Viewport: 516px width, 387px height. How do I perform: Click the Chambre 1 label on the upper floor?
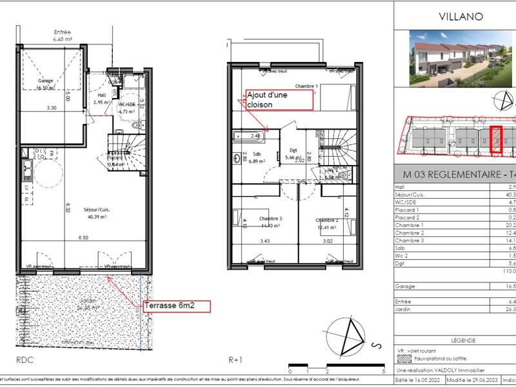(x=307, y=86)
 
